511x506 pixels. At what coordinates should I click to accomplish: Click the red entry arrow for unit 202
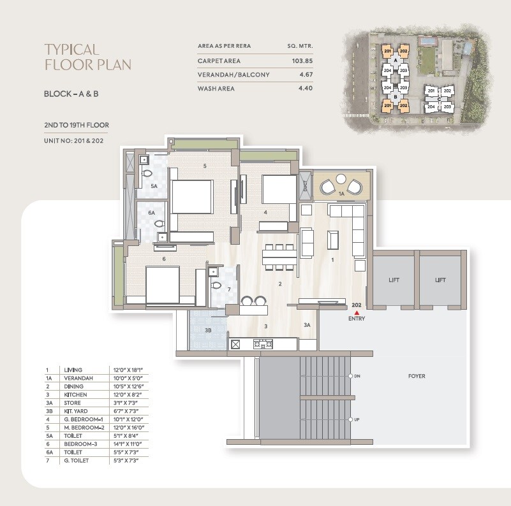coord(357,312)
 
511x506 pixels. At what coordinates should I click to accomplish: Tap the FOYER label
coord(417,376)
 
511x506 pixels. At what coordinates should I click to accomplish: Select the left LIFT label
coord(394,280)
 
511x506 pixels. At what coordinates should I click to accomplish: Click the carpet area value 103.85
coord(301,61)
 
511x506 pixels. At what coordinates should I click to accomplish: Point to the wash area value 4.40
coord(305,88)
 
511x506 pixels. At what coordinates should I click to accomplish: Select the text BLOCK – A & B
coord(70,94)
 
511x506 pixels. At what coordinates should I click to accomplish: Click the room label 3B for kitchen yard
coord(207,331)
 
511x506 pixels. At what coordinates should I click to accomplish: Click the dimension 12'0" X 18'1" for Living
coord(126,370)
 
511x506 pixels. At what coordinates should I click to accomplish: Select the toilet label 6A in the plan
coord(151,212)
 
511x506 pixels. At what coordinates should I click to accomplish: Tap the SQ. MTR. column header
coord(300,47)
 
